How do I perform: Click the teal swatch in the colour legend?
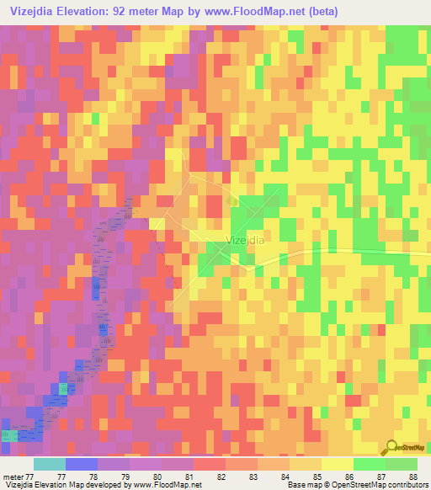(49, 464)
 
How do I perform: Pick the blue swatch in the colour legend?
(81, 464)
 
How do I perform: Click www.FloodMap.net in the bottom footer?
(166, 485)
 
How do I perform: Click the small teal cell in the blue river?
(63, 388)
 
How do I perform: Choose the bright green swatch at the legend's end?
(402, 464)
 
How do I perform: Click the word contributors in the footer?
(408, 485)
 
